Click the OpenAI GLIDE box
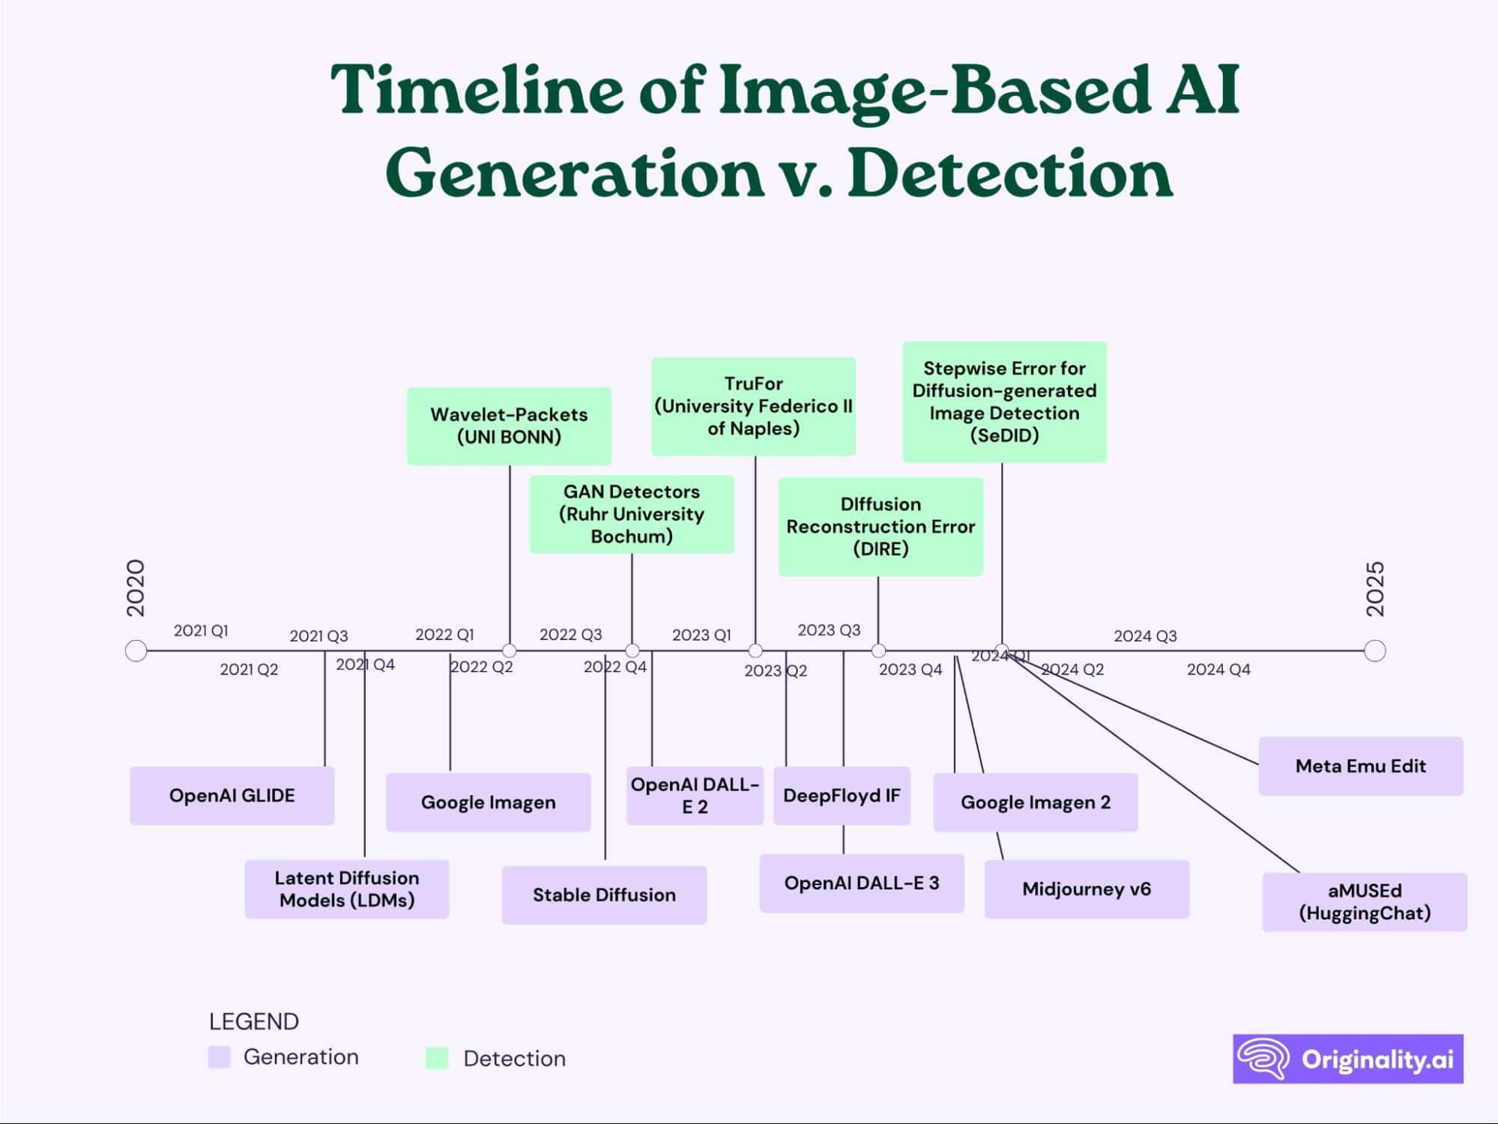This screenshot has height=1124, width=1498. [x=232, y=796]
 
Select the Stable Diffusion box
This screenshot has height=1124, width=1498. [x=604, y=895]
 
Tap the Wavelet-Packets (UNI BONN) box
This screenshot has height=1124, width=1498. [x=509, y=426]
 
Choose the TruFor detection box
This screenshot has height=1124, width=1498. [x=753, y=406]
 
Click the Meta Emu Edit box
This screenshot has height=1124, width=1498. [x=1360, y=766]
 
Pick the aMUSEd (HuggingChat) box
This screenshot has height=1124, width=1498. [x=1364, y=901]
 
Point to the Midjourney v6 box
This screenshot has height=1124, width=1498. [x=1086, y=889]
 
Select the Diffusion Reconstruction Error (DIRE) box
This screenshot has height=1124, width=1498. [x=881, y=526]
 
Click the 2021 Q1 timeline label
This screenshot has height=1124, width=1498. [x=201, y=631]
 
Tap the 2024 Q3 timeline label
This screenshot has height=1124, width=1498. [x=1145, y=636]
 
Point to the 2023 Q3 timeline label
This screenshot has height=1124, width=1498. [x=829, y=630]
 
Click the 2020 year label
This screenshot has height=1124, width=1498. [x=136, y=588]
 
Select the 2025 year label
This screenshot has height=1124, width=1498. [x=1375, y=589]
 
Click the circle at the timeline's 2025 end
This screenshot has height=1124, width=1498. [x=1375, y=650]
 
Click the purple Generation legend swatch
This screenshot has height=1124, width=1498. [x=220, y=1057]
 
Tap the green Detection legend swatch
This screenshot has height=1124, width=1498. [x=437, y=1058]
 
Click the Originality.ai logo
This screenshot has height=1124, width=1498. [x=1347, y=1059]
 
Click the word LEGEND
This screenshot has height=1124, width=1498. [x=254, y=1021]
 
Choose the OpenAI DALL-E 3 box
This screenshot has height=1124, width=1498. [x=861, y=883]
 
